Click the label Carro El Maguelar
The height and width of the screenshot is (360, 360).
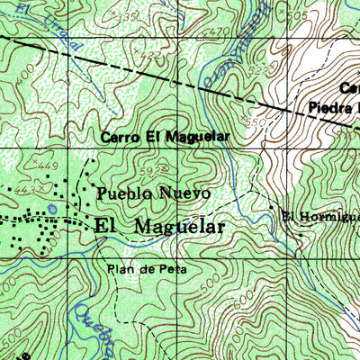[x=166, y=137]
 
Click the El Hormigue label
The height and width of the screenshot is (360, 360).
[x=319, y=216]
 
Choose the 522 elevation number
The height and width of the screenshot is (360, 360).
[x=260, y=68]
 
